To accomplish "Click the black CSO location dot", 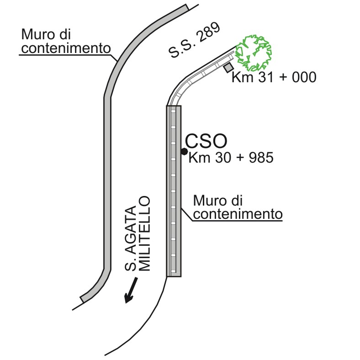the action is [184, 151].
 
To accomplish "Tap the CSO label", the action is [206, 141].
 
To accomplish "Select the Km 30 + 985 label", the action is [231, 158].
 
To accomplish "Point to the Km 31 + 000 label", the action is [274, 77].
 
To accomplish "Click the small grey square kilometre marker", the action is [229, 68].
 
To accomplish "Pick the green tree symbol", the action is [254, 53].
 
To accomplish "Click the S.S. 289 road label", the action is [194, 40].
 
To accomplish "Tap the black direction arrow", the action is [131, 290].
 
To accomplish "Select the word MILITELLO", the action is [144, 233].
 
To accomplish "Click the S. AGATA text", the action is [130, 238].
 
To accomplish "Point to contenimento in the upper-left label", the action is [66, 48].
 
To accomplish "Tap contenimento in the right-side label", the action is [238, 214].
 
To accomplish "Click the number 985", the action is [261, 158].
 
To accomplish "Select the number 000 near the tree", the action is [304, 77].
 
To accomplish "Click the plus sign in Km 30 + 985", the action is [240, 158].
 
